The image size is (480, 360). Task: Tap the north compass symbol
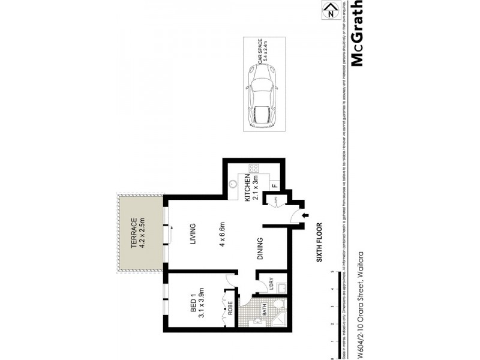(328, 10)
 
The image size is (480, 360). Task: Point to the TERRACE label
(134, 231)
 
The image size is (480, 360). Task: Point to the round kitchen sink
(233, 185)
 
